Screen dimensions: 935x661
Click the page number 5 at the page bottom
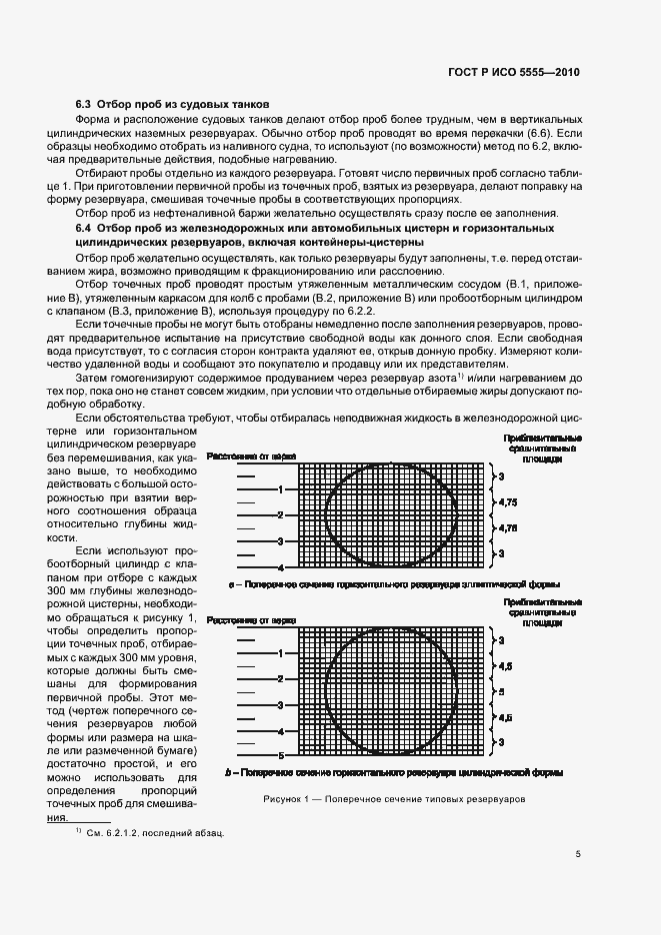pos(578,853)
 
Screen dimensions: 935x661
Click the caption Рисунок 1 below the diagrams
pos(394,799)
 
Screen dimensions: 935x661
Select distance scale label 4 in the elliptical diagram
pos(281,566)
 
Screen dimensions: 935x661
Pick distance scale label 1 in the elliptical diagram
pos(281,489)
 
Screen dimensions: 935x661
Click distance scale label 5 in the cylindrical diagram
pos(281,756)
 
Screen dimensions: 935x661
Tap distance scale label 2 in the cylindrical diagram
pos(281,679)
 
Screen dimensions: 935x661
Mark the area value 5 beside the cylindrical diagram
pos(501,691)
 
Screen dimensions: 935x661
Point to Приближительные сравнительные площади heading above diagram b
pos(544,612)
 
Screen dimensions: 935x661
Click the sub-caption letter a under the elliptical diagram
pos(233,583)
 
